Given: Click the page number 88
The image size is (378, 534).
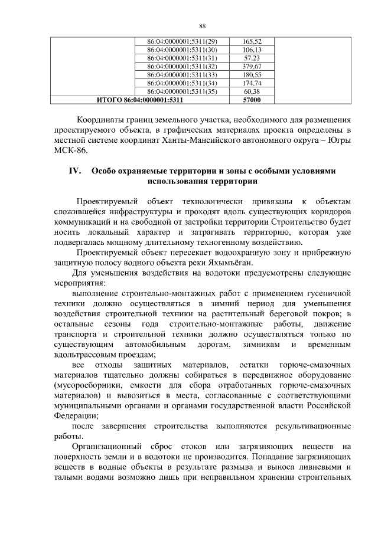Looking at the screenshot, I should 202,26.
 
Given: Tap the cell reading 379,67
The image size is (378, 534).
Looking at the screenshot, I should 252,67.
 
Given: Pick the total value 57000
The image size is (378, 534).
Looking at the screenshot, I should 252,100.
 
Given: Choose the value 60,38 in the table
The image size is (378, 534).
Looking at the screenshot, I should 252,92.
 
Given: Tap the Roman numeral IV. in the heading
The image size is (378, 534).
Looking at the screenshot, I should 74,171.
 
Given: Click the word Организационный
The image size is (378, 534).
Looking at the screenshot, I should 110,447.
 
